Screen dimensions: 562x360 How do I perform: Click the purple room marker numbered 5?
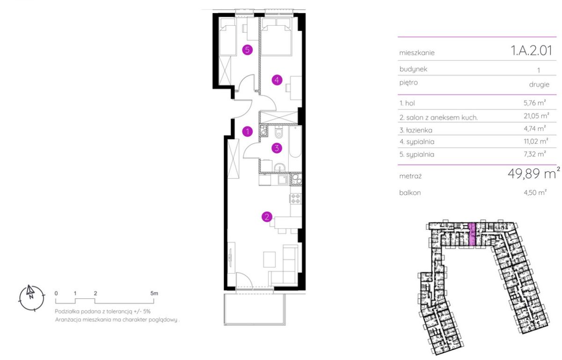[x=247, y=50]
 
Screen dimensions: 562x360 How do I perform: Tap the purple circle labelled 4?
[x=277, y=80]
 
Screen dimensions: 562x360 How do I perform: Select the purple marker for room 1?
[x=247, y=132]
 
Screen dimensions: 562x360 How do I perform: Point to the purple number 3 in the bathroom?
[x=277, y=148]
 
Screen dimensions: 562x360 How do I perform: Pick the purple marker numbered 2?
[x=266, y=217]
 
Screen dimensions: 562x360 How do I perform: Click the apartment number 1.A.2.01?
[x=532, y=51]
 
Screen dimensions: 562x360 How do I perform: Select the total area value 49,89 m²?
[x=533, y=173]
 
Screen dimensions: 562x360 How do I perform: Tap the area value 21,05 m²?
[x=536, y=116]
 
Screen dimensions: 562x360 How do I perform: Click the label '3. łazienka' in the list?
[x=416, y=130]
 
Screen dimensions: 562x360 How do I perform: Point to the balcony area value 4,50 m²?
[x=535, y=192]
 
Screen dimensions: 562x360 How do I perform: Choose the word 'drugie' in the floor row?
[x=539, y=85]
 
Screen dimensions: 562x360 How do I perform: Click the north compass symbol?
[x=32, y=298]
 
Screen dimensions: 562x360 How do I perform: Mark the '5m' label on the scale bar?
[x=154, y=293]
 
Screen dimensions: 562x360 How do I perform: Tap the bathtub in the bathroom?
[x=295, y=142]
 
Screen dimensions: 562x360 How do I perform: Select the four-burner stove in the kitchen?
[x=296, y=199]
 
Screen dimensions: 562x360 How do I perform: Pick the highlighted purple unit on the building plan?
[x=472, y=234]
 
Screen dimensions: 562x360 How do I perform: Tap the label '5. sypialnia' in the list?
[x=417, y=154]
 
